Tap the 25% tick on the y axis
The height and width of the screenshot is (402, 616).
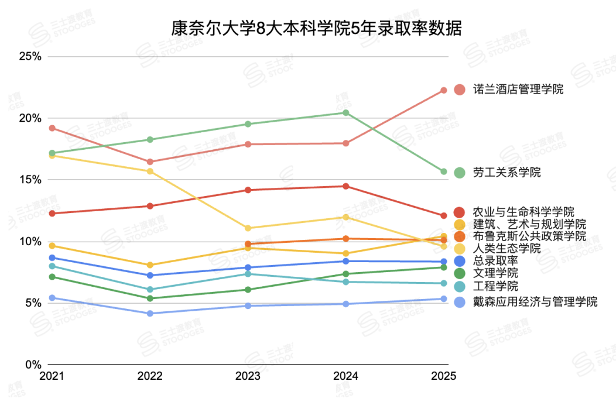click(30, 57)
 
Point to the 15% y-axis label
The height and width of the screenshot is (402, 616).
click(30, 180)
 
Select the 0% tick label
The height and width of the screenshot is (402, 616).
click(32, 365)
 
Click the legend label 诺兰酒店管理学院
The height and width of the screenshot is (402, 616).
click(518, 90)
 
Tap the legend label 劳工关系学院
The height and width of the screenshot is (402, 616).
click(507, 172)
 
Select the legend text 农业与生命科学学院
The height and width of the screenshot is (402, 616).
click(523, 212)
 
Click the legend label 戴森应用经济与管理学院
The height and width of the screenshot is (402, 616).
click(535, 302)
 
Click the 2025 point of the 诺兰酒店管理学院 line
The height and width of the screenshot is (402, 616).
click(444, 90)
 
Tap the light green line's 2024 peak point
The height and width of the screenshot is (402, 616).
click(346, 113)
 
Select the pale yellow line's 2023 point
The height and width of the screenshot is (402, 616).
click(248, 228)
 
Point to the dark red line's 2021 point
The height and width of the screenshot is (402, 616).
click(52, 214)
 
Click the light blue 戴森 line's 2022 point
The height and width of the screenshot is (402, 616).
click(150, 314)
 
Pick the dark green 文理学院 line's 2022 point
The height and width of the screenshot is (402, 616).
click(150, 298)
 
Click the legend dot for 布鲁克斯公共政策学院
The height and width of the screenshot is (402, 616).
click(460, 236)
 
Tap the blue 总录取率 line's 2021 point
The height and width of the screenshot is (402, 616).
click(52, 257)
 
